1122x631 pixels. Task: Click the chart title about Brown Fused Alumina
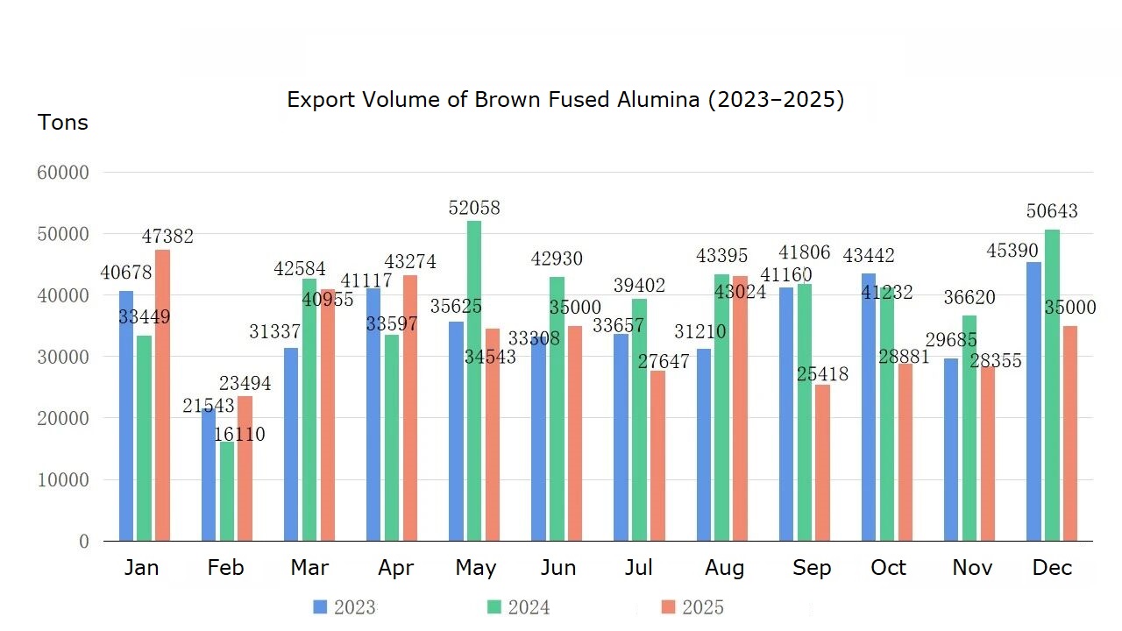point(565,100)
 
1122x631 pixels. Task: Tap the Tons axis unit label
point(63,123)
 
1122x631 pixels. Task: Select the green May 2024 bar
point(474,380)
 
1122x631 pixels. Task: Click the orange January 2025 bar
point(162,395)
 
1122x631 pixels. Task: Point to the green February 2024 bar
point(227,491)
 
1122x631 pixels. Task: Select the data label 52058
point(474,209)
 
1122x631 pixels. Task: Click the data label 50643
point(1052,212)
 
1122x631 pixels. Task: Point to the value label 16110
point(238,435)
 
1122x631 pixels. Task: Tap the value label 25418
point(822,375)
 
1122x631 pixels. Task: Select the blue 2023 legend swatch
point(320,607)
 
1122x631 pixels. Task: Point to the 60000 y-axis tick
point(63,173)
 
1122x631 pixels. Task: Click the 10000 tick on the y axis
point(63,480)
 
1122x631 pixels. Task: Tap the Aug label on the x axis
point(724,568)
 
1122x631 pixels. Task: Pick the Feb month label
point(225,568)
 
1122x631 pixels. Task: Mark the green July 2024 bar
point(639,420)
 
